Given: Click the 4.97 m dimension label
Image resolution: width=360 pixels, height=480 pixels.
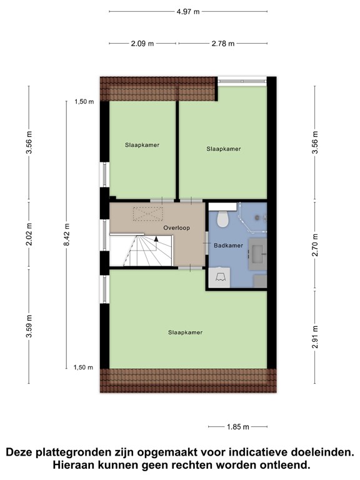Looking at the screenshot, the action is click(x=188, y=12).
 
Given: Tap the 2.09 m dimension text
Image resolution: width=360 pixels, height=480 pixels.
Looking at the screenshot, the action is click(x=142, y=44).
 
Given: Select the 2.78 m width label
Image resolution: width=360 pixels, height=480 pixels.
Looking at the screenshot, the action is click(x=223, y=44).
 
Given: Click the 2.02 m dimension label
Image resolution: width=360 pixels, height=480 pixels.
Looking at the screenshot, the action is click(x=29, y=234).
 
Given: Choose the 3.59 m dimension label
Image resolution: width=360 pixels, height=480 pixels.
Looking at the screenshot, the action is click(x=29, y=326).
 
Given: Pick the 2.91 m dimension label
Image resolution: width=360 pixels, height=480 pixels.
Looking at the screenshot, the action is click(x=315, y=337).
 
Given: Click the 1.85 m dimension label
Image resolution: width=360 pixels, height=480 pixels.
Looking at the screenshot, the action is click(x=238, y=427).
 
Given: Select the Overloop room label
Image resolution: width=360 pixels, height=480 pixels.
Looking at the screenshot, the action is click(x=176, y=227).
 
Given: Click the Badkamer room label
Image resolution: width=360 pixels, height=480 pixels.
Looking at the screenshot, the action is click(x=228, y=246).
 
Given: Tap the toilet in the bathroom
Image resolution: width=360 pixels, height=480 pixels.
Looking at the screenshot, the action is click(x=223, y=218).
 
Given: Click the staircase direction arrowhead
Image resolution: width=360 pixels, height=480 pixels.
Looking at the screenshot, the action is click(x=156, y=239).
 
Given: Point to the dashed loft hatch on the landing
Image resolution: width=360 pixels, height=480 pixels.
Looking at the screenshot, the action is click(x=148, y=213).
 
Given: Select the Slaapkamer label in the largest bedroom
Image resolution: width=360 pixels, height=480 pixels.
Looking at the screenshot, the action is click(x=186, y=332).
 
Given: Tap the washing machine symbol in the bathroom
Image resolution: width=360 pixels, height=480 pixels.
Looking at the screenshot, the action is click(x=219, y=277).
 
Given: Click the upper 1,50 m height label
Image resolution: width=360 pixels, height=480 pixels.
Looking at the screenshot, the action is click(x=84, y=102).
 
